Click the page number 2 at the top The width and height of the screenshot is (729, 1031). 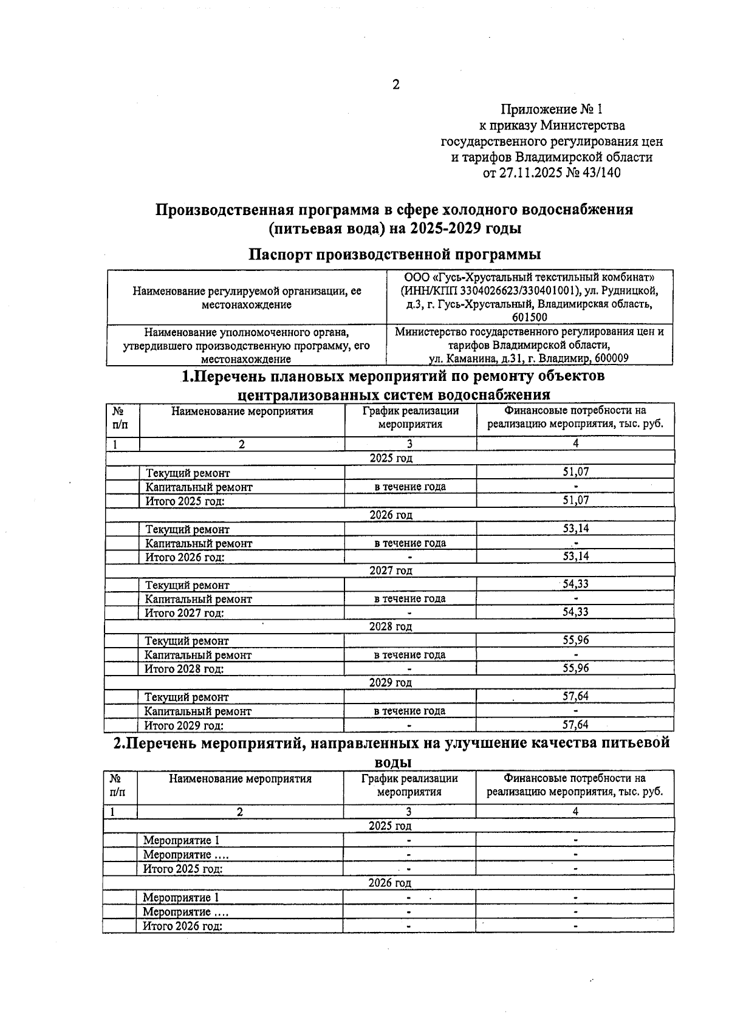point(395,84)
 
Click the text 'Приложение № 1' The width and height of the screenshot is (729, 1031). point(551,109)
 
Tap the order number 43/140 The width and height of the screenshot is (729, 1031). point(601,173)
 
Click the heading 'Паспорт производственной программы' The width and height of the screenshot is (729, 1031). point(395,253)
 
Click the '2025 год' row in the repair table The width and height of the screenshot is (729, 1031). point(391,458)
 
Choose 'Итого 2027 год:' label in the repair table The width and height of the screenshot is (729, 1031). point(184,613)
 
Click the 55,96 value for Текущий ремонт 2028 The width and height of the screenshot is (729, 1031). point(575,640)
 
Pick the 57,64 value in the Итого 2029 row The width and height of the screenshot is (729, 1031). point(575,725)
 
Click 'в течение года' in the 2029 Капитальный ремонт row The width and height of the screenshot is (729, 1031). point(409,711)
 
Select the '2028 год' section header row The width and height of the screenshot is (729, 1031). point(391,626)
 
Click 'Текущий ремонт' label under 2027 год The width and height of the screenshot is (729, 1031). point(187,585)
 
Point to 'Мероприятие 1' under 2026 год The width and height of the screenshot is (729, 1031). point(180,897)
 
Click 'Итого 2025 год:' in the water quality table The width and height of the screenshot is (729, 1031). point(182,869)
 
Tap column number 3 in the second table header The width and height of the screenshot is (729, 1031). point(409,812)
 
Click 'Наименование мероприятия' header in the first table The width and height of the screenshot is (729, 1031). point(242,411)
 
